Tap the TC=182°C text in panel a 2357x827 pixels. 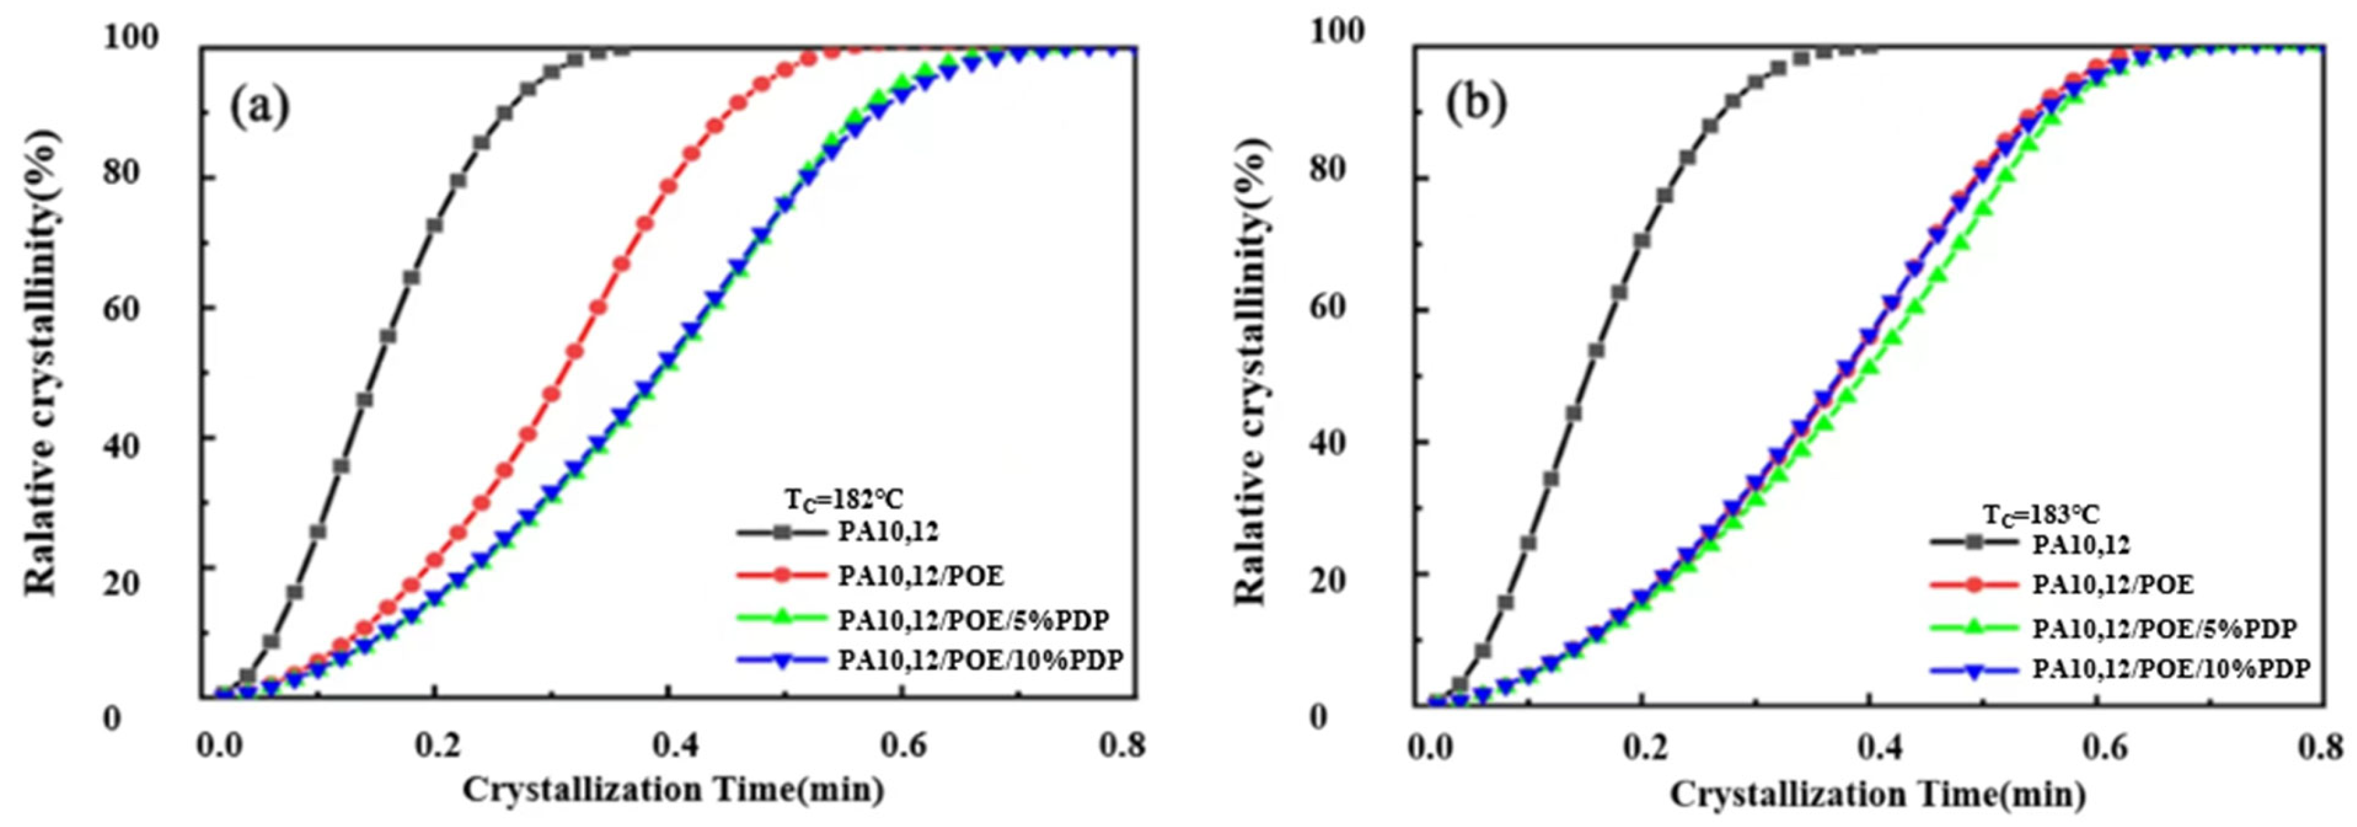point(843,500)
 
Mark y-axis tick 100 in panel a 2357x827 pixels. point(130,39)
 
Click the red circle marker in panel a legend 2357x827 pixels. point(781,576)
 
